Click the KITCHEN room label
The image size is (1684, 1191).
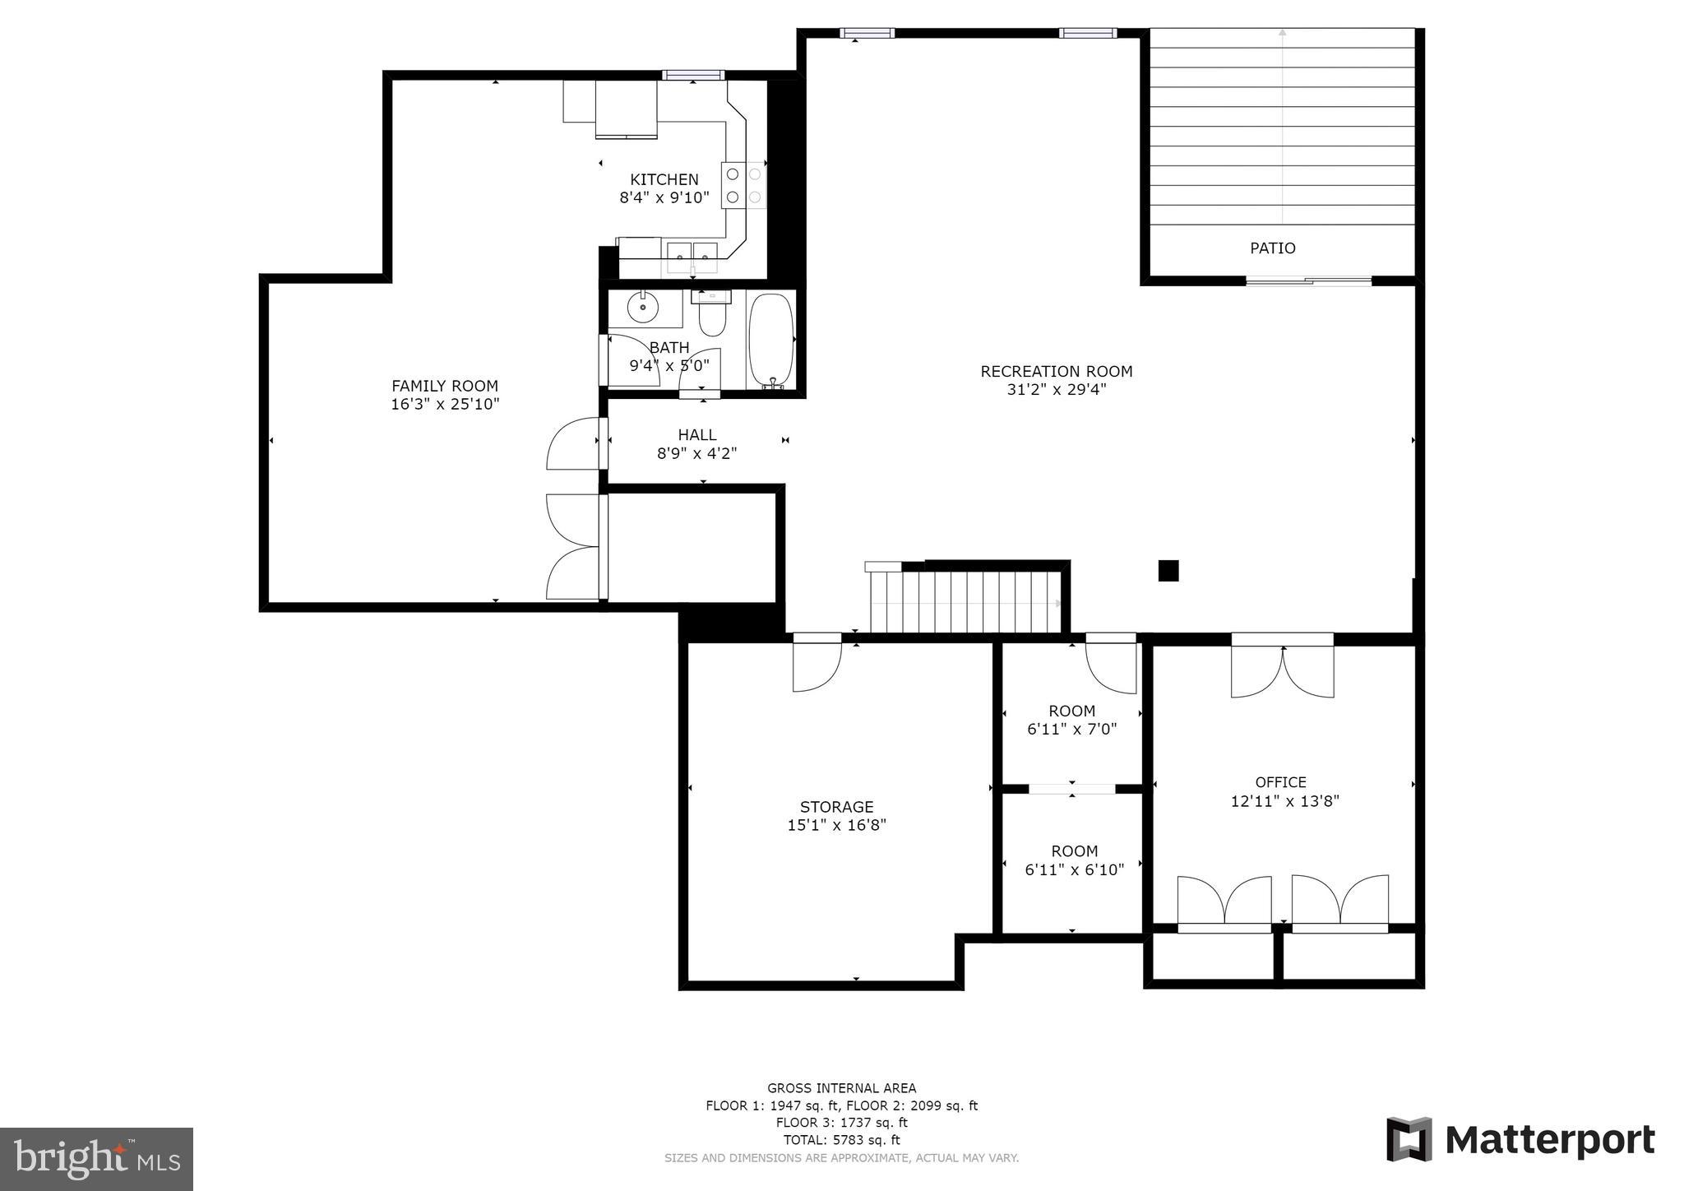pyautogui.click(x=664, y=179)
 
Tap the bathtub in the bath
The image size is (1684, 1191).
pyautogui.click(x=770, y=340)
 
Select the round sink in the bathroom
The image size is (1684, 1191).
pyautogui.click(x=642, y=308)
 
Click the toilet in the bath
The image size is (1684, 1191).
pyautogui.click(x=712, y=316)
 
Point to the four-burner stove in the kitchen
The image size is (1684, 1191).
pyautogui.click(x=743, y=185)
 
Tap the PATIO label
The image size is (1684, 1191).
pyautogui.click(x=1272, y=248)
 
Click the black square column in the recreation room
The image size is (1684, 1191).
pyautogui.click(x=1168, y=570)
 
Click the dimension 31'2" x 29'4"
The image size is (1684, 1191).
pyautogui.click(x=1056, y=389)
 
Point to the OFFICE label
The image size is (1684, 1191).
pyautogui.click(x=1280, y=782)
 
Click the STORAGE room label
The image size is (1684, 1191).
pyautogui.click(x=836, y=807)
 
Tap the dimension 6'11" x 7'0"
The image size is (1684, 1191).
pyautogui.click(x=1071, y=729)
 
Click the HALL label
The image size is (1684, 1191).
pyautogui.click(x=696, y=434)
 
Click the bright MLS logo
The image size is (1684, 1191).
pyautogui.click(x=96, y=1159)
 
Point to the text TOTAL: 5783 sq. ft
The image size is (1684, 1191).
pyautogui.click(x=841, y=1140)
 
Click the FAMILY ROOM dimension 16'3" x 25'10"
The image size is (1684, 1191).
pyautogui.click(x=445, y=404)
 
